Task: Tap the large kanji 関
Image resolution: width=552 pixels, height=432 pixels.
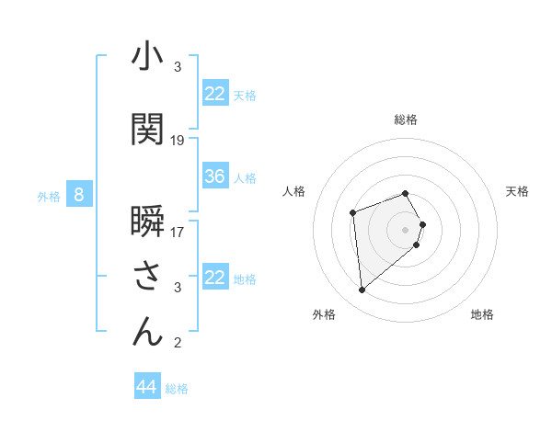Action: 147,129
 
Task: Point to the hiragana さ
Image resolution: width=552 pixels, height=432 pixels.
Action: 147,276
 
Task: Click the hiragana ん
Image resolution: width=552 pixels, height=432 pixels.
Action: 147,331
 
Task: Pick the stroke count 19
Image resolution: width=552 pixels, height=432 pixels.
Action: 178,141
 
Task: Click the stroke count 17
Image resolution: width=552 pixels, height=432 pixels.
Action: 178,232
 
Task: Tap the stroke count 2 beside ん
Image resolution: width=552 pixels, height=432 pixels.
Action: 178,344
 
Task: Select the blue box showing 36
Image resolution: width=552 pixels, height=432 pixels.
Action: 215,176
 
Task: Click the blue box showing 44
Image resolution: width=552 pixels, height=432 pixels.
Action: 146,388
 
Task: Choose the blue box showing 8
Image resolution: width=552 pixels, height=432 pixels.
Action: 79,195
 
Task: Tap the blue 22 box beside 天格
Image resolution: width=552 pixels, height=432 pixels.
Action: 215,94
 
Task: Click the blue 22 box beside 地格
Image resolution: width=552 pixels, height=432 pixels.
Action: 215,278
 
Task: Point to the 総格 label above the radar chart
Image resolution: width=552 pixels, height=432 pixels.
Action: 406,119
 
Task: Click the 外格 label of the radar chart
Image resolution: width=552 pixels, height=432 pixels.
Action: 324,315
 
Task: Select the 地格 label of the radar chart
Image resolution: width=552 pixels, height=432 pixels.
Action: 482,315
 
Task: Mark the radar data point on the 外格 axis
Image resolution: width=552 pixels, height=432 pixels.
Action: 362,290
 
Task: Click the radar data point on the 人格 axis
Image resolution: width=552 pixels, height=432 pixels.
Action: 353,213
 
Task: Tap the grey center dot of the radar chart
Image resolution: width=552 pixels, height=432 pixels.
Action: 406,229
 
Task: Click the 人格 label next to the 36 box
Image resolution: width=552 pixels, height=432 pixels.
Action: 245,177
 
